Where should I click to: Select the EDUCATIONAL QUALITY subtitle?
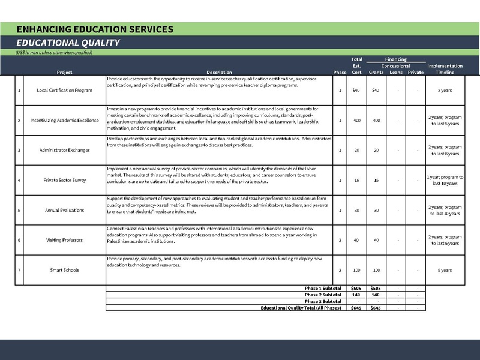coord(68,43)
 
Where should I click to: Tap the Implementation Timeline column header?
coord(445,69)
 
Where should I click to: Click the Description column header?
coord(218,72)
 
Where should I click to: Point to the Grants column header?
coord(376,72)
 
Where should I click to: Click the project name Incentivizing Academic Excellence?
coord(64,120)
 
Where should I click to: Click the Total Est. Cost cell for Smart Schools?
coord(356,270)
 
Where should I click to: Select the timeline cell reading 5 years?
coord(445,270)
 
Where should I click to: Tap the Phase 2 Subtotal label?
coord(323,295)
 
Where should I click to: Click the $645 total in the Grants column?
coord(376,308)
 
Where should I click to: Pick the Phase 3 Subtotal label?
coord(323,301)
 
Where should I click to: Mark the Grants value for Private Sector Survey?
coord(376,180)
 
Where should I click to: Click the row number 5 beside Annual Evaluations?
coord(19,210)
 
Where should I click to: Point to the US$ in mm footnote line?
coord(54,53)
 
